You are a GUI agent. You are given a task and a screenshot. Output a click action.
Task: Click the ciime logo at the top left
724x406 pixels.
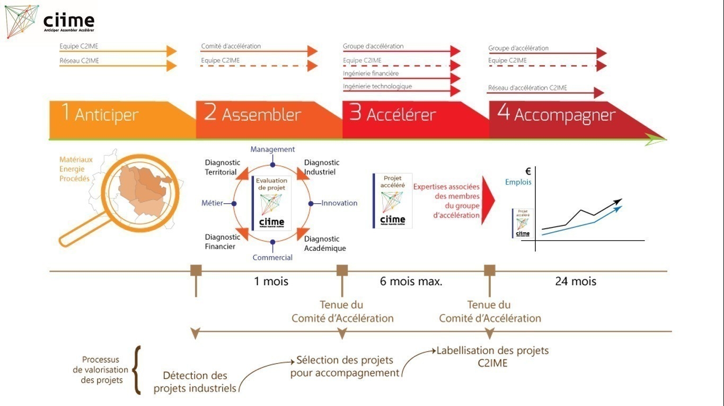(50, 22)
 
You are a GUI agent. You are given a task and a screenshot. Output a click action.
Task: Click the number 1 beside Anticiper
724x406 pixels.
(65, 112)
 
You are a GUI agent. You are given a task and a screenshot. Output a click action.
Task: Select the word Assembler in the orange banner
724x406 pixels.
(261, 115)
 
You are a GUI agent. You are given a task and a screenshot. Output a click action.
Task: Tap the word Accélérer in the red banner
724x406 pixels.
(401, 115)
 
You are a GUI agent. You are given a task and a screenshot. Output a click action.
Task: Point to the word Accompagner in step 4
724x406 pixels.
(565, 116)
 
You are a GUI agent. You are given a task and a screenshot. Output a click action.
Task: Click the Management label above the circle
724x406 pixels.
(272, 150)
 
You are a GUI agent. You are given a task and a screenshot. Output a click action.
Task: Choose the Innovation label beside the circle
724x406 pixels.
(339, 203)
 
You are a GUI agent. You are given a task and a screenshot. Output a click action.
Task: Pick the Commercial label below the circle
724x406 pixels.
(272, 258)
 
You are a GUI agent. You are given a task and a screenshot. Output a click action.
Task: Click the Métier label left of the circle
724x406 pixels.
(212, 203)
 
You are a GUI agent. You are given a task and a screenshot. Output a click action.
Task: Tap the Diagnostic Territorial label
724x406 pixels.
(222, 167)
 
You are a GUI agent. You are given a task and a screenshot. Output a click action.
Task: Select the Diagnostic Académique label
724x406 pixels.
(325, 243)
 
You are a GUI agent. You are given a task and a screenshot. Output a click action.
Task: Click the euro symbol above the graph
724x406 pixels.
(528, 171)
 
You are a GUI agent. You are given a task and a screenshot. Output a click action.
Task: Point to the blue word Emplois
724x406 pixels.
(518, 182)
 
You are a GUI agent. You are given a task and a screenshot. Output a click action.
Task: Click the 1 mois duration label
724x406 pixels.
(271, 282)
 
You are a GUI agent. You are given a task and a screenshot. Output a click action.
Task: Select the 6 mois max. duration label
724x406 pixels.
(411, 282)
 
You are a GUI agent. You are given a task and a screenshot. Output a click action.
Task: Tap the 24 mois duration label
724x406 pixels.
(576, 282)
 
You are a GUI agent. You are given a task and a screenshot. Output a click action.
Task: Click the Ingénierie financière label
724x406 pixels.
(370, 74)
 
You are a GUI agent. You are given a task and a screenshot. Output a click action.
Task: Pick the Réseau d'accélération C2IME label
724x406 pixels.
(527, 88)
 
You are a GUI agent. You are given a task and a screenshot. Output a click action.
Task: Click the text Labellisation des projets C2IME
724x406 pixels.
(492, 357)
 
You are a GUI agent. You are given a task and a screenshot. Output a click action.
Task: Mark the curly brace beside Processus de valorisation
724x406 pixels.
(137, 371)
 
